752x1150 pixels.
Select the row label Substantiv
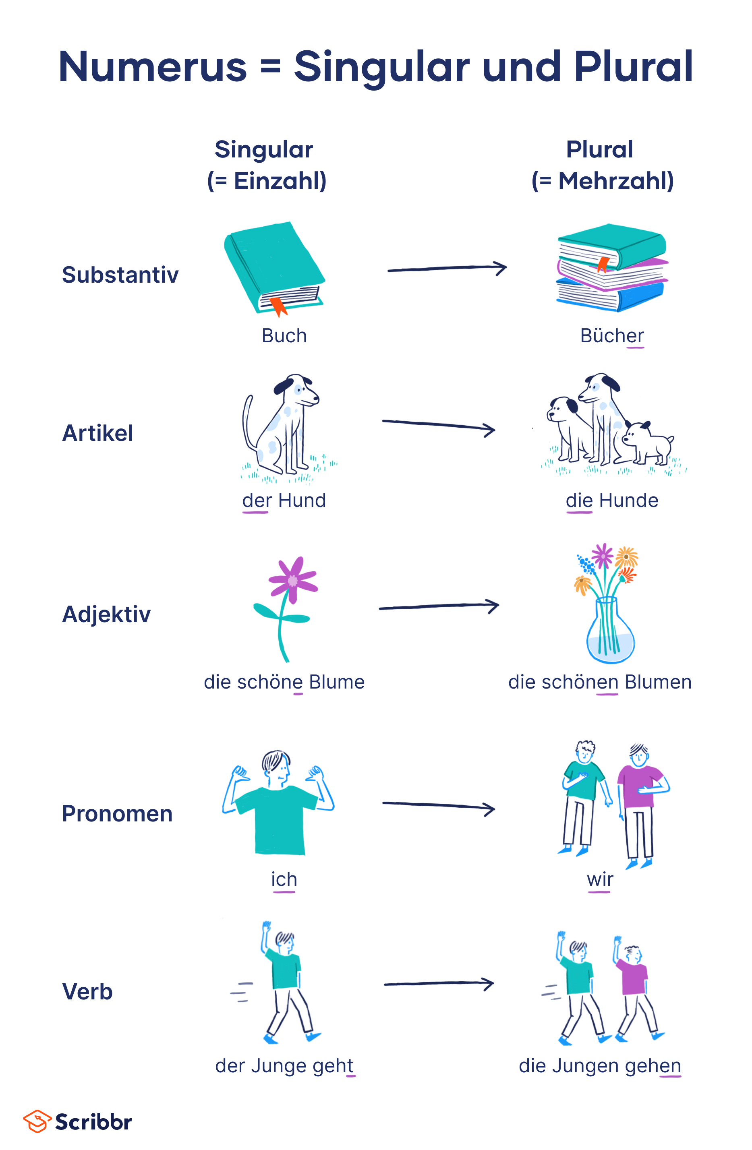[x=120, y=275]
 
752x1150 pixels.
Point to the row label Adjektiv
[x=106, y=614]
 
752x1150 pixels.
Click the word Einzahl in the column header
[x=280, y=181]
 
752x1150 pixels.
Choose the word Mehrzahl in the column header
[x=615, y=181]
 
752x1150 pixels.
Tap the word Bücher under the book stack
[x=612, y=336]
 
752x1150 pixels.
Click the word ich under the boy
[x=284, y=879]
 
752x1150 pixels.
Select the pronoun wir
[x=600, y=879]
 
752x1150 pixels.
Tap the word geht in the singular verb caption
[x=334, y=1066]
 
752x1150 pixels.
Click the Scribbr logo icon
[x=37, y=1121]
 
